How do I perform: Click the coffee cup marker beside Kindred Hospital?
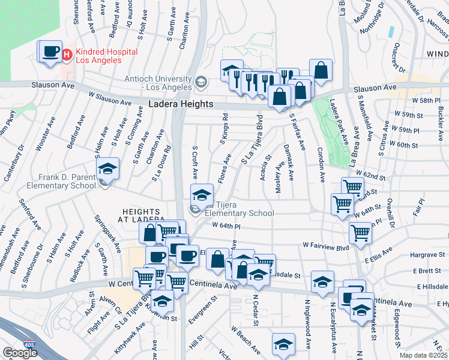(50, 50)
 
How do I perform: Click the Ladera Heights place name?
(181, 104)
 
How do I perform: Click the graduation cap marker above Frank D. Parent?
(107, 169)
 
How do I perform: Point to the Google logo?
(20, 353)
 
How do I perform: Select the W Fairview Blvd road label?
(326, 245)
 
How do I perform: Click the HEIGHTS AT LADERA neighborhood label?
(144, 215)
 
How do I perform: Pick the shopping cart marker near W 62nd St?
(352, 188)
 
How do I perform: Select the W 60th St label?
(403, 144)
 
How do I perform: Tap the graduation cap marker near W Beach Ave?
(283, 344)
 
